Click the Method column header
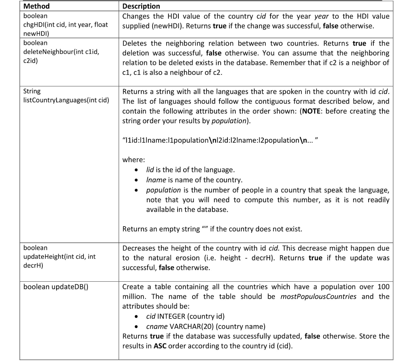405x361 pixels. click(37, 6)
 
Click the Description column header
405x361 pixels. click(141, 6)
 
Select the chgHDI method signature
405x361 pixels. click(65, 25)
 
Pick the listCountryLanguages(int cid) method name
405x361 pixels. click(66, 100)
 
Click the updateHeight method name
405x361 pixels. click(59, 257)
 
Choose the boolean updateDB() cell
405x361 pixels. click(55, 287)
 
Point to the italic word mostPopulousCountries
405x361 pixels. click(318, 297)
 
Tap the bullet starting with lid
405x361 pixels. click(190, 170)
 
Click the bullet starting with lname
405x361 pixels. click(194, 180)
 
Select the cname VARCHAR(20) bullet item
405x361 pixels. click(206, 327)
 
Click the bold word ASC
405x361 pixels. click(161, 346)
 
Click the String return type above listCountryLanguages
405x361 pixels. click(32, 91)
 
